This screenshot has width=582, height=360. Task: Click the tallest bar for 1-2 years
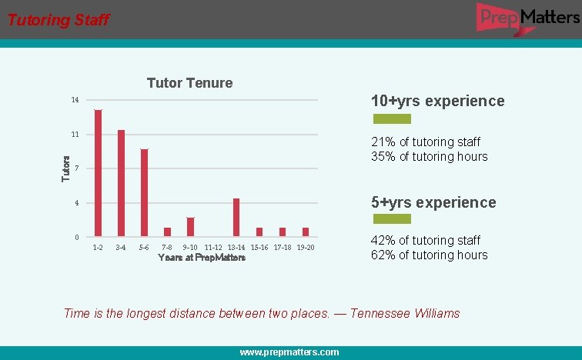(x=98, y=172)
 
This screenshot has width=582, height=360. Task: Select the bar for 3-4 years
(x=121, y=183)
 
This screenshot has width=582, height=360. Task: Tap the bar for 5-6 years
(x=144, y=192)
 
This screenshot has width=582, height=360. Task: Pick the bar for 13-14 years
(x=236, y=217)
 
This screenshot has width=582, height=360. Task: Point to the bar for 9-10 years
(x=190, y=227)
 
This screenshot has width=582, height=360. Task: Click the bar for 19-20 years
(x=306, y=232)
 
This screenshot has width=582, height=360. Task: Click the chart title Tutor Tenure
(x=189, y=83)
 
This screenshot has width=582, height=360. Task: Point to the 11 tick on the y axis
(x=75, y=135)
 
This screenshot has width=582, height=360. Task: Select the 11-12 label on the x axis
(x=213, y=247)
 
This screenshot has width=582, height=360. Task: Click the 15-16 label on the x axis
(x=259, y=247)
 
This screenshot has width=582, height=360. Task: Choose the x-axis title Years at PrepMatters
(x=202, y=258)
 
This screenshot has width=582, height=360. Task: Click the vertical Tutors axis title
(x=66, y=169)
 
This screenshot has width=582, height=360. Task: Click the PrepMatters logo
(x=527, y=17)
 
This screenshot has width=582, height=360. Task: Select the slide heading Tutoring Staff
(x=59, y=20)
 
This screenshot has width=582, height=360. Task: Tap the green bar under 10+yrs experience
(x=392, y=119)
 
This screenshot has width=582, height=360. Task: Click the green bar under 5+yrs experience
(x=392, y=219)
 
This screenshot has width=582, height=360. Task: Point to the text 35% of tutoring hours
(x=429, y=157)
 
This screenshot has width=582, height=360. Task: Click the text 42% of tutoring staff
(x=425, y=241)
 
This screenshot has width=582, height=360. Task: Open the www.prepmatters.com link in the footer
(x=289, y=352)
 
